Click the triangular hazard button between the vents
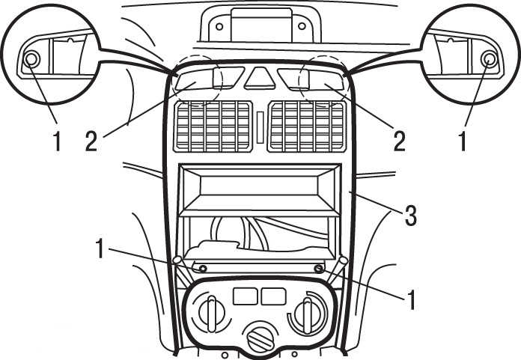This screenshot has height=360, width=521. [x=260, y=78]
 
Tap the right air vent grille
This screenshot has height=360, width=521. [x=308, y=125]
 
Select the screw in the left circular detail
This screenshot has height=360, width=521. [x=31, y=59]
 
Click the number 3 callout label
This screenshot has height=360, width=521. [x=409, y=216]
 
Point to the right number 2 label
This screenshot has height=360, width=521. [x=399, y=141]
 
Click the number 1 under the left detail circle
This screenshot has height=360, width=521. [x=56, y=141]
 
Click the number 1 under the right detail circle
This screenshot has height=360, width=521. [x=463, y=141]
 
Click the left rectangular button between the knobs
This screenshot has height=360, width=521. [x=246, y=296]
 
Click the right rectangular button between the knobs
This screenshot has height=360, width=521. [x=272, y=296]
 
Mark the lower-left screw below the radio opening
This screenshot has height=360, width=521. [x=202, y=268]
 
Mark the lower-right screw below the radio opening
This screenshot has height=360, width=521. [x=319, y=268]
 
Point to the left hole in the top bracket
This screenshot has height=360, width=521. [x=219, y=26]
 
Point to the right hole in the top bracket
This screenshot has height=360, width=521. [x=300, y=26]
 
